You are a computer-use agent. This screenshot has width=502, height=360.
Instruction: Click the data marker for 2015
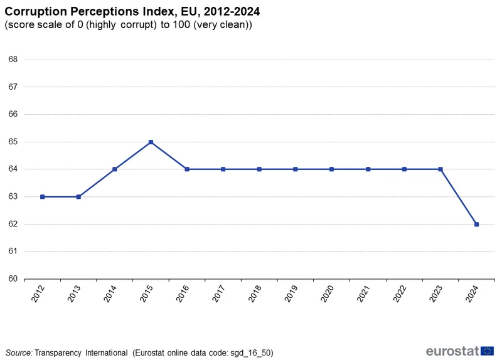tap(151, 142)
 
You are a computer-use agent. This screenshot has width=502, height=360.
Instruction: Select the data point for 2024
tap(477, 224)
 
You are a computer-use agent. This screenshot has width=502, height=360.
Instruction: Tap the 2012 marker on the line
tap(42, 196)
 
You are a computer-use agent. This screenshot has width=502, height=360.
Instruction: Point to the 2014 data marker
tap(115, 169)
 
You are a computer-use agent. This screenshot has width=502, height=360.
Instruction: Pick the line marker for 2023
tap(441, 169)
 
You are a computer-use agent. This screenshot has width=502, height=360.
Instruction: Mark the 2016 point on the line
tap(187, 169)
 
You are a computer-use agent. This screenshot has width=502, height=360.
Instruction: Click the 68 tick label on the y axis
tap(13, 60)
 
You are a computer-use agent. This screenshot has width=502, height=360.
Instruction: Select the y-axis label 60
tap(13, 279)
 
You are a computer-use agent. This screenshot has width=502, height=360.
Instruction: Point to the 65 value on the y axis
tap(13, 142)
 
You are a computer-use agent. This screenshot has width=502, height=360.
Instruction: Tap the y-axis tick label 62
tap(13, 224)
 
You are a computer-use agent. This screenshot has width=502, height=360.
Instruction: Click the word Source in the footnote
tap(18, 352)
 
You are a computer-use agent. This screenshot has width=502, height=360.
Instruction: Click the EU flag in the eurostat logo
tap(487, 351)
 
